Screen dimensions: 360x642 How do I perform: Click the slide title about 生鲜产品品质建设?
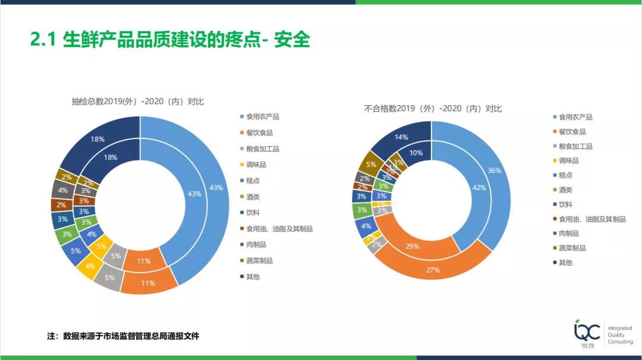tap(170, 40)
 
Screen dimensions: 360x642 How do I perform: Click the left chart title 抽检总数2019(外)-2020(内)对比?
tap(137, 102)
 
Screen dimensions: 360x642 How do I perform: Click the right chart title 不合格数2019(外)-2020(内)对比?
tap(433, 109)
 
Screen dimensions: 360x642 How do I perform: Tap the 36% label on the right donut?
tap(494, 170)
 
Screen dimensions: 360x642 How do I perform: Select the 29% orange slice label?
tap(412, 246)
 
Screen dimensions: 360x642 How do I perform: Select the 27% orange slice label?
tap(433, 270)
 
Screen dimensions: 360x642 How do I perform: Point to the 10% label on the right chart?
tap(416, 153)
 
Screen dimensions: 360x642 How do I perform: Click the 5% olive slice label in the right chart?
tap(372, 165)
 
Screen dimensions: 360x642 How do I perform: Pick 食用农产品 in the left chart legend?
tap(262, 116)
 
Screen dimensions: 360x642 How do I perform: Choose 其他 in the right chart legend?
tap(565, 263)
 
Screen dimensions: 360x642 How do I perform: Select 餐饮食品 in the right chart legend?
tap(572, 131)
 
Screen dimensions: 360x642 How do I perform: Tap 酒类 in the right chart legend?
tap(565, 190)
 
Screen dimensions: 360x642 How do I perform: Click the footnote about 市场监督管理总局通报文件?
tap(123, 336)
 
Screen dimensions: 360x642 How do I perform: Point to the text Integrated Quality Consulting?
tap(620, 335)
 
